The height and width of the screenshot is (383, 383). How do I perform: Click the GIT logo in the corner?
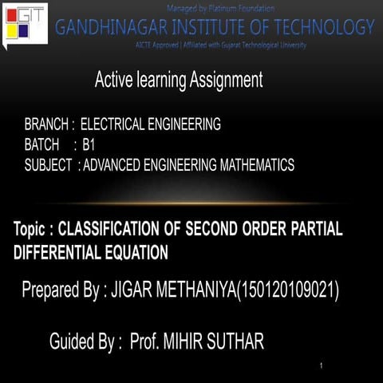coord(24,23)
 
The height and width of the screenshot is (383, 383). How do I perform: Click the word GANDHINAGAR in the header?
coord(106,27)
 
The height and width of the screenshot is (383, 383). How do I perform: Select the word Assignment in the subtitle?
coord(224,80)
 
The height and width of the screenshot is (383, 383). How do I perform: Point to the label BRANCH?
coord(47,124)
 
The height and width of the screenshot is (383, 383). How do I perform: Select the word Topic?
coord(33,229)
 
